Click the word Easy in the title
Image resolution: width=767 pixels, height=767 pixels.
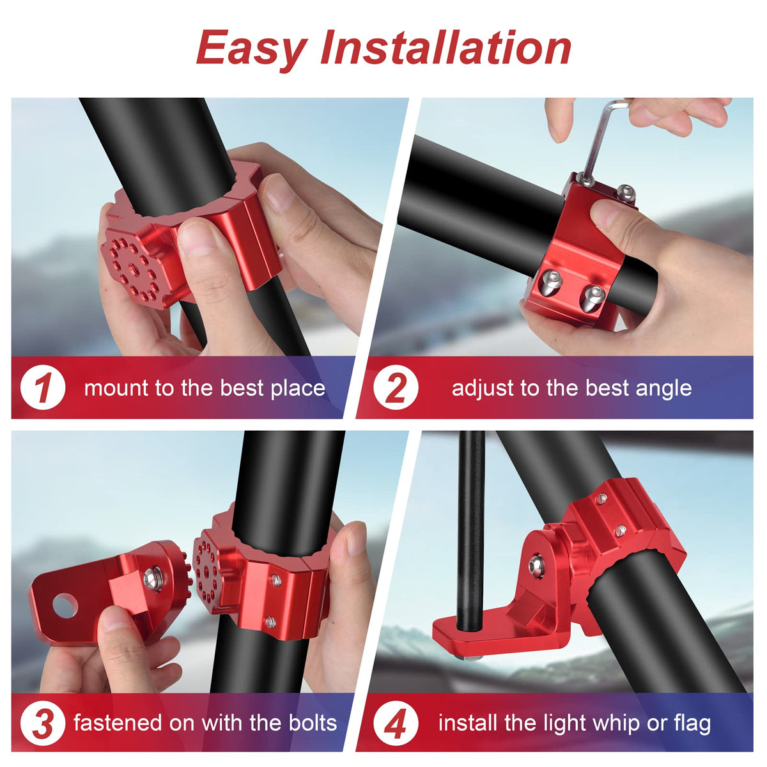click(252, 49)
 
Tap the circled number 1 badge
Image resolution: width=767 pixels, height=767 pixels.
click(43, 387)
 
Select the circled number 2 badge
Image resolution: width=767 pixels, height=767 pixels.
click(396, 387)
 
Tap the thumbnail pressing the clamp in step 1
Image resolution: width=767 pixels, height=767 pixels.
click(198, 238)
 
